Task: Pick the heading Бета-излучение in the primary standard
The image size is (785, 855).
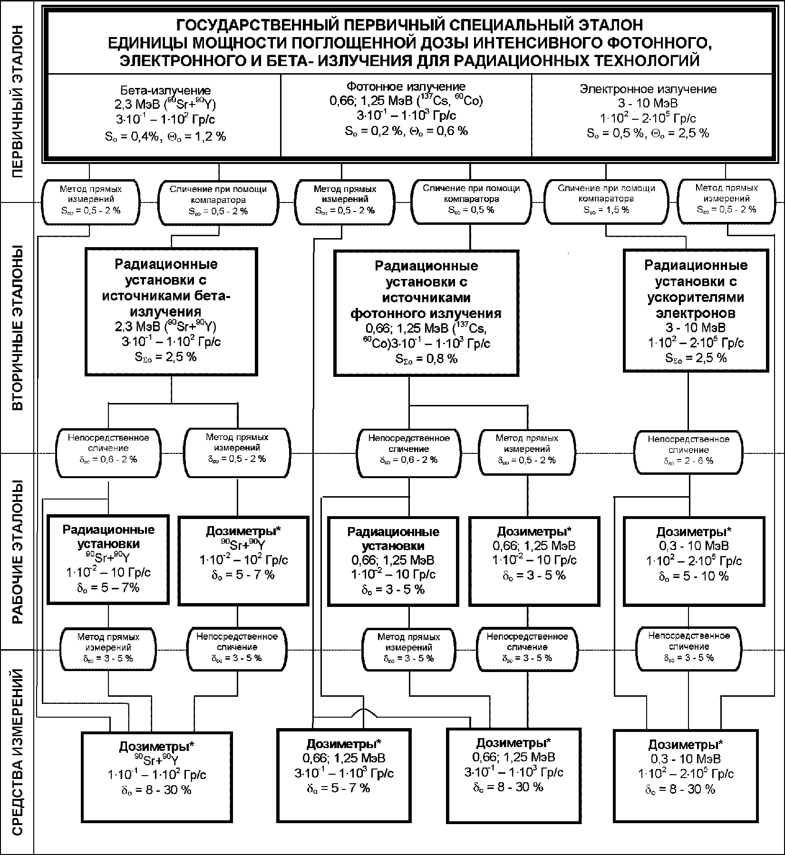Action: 165,90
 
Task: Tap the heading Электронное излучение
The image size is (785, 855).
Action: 648,89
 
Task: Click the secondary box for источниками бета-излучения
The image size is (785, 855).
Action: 171,311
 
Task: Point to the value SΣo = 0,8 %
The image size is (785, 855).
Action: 426,359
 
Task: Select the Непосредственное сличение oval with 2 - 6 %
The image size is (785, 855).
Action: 688,450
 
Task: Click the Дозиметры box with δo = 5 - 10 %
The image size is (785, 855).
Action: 694,561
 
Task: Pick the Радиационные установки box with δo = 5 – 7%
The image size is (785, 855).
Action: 108,559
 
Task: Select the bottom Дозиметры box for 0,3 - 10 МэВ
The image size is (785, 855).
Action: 685,775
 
